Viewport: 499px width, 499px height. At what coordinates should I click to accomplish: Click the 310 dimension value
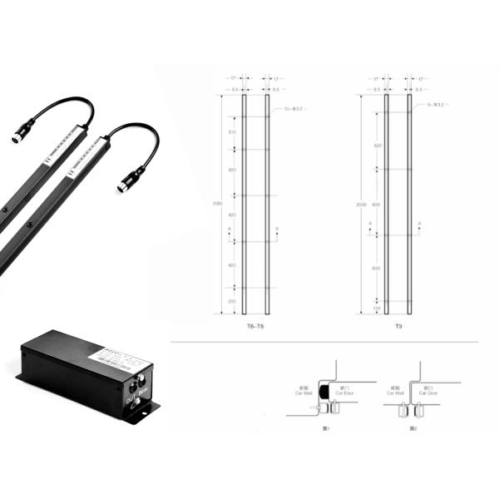pyautogui.click(x=232, y=132)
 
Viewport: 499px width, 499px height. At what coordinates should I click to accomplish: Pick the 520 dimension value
pyautogui.click(x=377, y=146)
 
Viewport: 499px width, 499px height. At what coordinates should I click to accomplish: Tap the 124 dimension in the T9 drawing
pyautogui.click(x=377, y=308)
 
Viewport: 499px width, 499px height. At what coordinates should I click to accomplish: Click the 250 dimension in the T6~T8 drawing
pyautogui.click(x=232, y=301)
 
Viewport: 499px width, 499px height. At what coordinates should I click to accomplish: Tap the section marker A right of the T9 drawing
pyautogui.click(x=419, y=225)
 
